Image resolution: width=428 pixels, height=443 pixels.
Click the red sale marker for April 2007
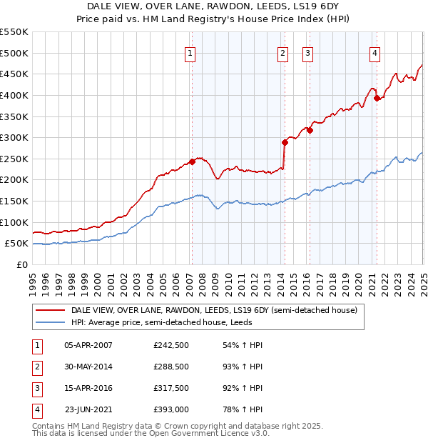click(192, 162)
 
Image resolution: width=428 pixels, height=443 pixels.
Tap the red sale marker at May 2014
click(285, 142)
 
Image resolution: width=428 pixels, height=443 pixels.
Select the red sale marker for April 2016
click(310, 130)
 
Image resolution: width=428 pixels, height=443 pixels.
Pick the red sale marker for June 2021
click(377, 99)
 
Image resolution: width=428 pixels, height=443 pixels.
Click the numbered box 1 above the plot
click(190, 52)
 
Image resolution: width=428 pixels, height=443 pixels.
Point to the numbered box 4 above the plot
click(375, 52)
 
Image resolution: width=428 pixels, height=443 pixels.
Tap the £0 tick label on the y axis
click(22, 264)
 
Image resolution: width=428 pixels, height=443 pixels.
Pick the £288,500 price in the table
click(171, 367)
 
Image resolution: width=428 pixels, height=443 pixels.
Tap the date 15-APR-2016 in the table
click(88, 388)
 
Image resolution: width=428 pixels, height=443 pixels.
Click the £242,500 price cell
click(171, 345)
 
